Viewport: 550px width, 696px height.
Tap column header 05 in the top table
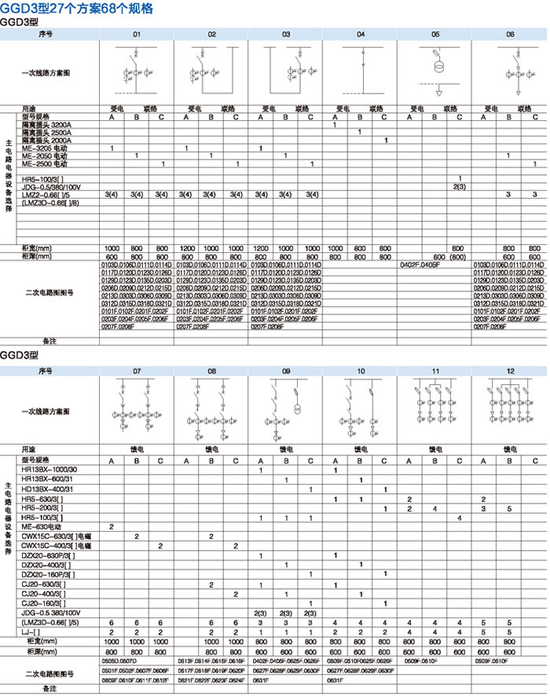434,35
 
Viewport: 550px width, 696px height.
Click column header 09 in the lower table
285,369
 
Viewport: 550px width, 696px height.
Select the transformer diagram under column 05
434,71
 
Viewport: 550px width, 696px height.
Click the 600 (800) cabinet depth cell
445,256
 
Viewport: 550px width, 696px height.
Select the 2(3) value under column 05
460,186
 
